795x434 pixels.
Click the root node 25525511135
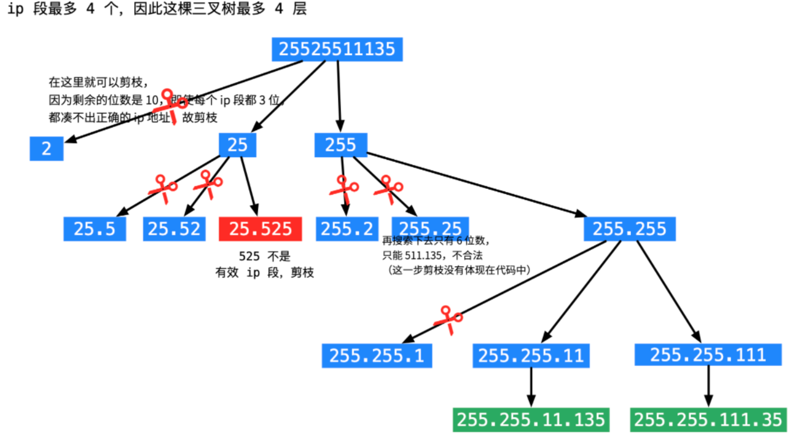pos(337,49)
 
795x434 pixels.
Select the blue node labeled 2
pos(46,149)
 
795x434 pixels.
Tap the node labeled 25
pos(237,145)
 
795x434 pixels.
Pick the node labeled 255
pos(341,145)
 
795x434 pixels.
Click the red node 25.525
pos(260,229)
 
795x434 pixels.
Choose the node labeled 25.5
pos(94,229)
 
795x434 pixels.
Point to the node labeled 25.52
pos(174,229)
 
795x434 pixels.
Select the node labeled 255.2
pos(347,229)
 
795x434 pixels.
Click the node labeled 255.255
pos(629,229)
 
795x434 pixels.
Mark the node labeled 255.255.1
pos(376,356)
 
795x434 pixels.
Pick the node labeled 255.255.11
pos(531,356)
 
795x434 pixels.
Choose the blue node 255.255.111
pos(708,354)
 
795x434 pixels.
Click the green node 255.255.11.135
pos(531,419)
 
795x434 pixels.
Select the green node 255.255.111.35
pos(708,419)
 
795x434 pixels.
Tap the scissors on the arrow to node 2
pos(170,106)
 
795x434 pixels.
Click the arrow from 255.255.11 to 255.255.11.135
pos(531,387)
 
